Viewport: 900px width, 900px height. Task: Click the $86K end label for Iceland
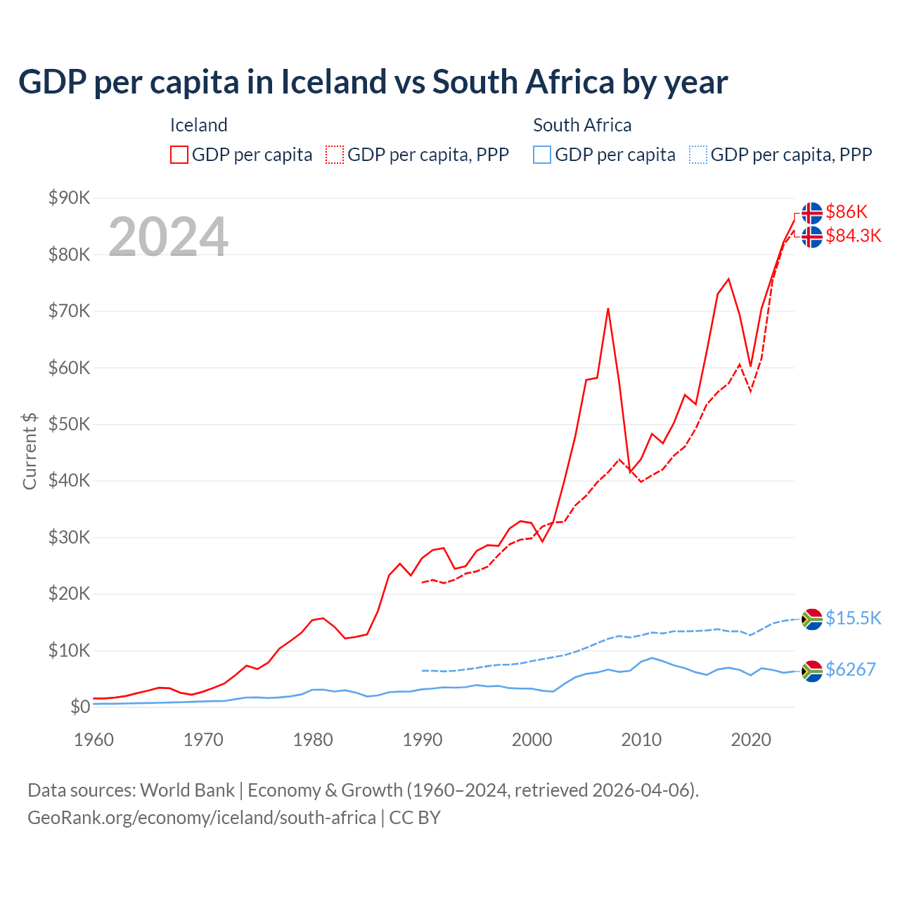[x=847, y=212]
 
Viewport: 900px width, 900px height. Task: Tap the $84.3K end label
[x=853, y=236]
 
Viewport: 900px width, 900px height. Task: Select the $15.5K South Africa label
[x=853, y=618]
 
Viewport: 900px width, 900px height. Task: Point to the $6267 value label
[x=850, y=669]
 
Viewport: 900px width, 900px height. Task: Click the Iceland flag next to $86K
[x=812, y=212]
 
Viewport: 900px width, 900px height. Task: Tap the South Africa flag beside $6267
[x=812, y=671]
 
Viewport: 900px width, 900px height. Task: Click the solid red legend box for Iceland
[x=179, y=155]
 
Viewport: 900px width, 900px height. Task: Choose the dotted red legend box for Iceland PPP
[x=335, y=155]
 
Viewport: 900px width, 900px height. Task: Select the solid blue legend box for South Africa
[x=542, y=155]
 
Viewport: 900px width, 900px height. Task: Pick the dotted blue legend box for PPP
[x=698, y=155]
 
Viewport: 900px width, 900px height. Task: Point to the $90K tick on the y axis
[x=69, y=198]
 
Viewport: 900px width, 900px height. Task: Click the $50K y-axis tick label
[x=69, y=425]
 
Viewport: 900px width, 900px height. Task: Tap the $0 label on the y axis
[x=79, y=707]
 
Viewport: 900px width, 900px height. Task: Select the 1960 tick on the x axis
[x=94, y=740]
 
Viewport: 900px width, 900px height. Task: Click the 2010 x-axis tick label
[x=641, y=740]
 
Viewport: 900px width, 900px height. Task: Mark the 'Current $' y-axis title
[x=30, y=451]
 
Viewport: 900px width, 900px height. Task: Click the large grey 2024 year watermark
[x=168, y=237]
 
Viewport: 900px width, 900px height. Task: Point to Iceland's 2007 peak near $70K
[x=607, y=309]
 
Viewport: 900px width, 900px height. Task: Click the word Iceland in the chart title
[x=333, y=82]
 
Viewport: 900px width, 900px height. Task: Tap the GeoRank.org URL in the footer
[x=201, y=818]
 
